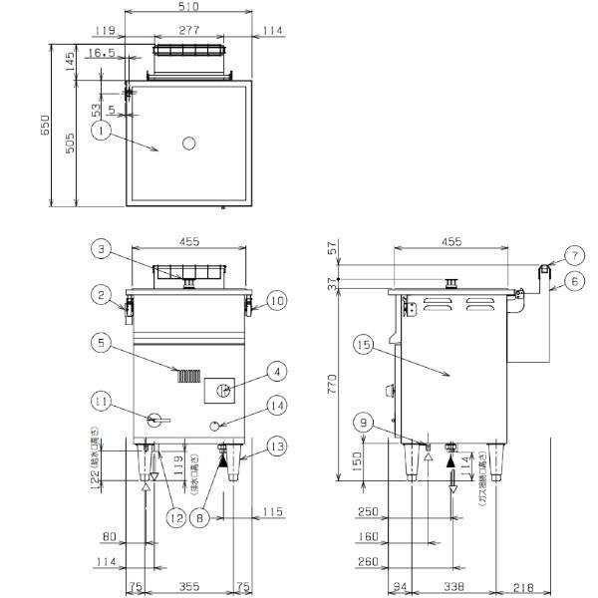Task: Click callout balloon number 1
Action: coord(101,129)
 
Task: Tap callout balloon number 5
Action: coord(103,341)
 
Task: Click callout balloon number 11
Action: coord(101,404)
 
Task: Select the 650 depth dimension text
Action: coord(44,125)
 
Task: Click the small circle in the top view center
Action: coord(189,145)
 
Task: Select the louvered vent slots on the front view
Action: coord(188,376)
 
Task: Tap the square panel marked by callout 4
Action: coord(222,389)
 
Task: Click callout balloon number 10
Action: coord(277,298)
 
